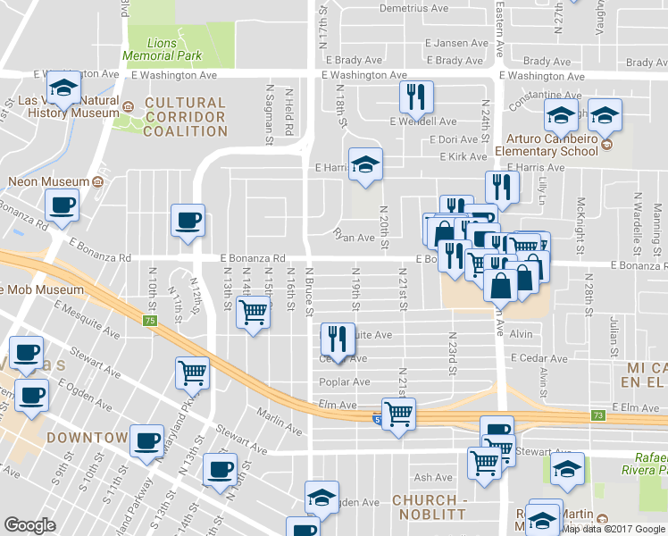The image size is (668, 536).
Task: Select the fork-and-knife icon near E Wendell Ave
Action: pyautogui.click(x=416, y=98)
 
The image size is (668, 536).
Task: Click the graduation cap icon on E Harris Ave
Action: pyautogui.click(x=364, y=164)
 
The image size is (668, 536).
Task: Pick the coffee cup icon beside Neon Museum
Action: pyautogui.click(x=63, y=205)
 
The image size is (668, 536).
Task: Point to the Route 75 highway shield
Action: pyautogui.click(x=149, y=321)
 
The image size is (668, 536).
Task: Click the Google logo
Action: pyautogui.click(x=30, y=525)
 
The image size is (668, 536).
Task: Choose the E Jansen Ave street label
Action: pyautogui.click(x=457, y=43)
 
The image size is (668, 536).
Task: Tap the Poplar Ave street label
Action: pyautogui.click(x=345, y=381)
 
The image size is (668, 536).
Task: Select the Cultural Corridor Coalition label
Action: pyautogui.click(x=186, y=117)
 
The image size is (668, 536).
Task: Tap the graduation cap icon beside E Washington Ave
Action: pyautogui.click(x=63, y=88)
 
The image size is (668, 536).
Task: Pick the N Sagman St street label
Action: pyautogui.click(x=268, y=113)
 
